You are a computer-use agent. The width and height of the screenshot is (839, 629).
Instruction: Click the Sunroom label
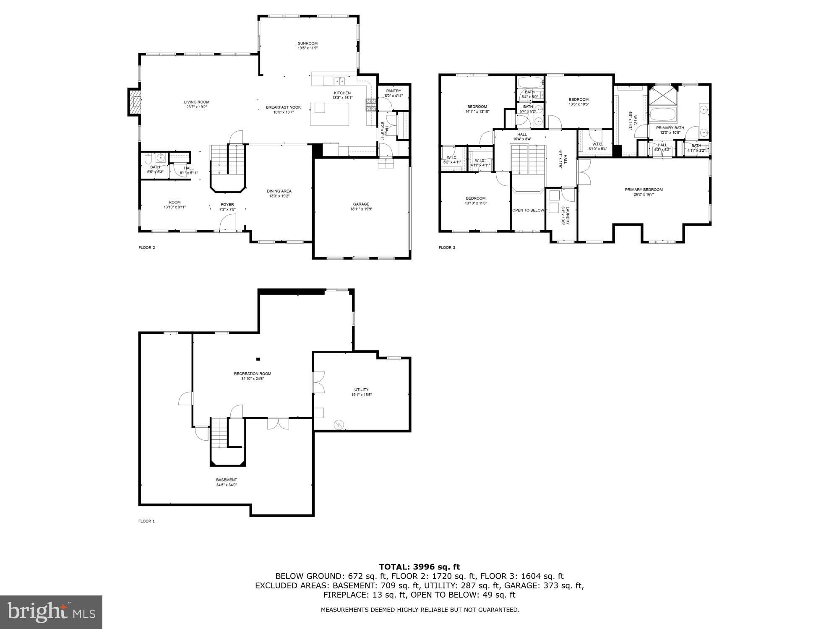coord(307,43)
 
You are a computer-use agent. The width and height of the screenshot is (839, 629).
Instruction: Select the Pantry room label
coord(393,91)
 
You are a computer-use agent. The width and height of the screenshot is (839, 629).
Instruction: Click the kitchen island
coord(330,114)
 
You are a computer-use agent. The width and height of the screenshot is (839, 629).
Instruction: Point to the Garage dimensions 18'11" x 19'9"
coord(361,209)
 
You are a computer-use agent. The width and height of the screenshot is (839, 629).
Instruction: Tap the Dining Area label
coord(279,191)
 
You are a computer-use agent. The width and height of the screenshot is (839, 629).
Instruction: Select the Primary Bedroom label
coord(644,190)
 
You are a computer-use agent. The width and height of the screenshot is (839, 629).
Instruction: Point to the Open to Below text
coord(528,210)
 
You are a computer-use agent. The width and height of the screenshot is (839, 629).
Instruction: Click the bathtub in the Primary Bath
coord(663,114)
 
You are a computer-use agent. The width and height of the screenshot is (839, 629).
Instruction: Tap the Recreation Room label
coord(253,374)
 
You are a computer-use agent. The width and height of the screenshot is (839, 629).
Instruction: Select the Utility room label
coord(361,390)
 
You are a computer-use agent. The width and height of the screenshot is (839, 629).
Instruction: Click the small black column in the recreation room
coord(258,359)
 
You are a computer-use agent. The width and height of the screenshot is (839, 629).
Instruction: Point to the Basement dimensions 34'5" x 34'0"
coord(227,485)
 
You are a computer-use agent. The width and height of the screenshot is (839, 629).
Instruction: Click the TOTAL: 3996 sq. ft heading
coord(419,567)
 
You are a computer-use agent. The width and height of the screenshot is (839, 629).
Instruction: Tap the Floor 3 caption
coord(447,247)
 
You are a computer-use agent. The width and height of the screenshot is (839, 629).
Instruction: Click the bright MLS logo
coord(51,612)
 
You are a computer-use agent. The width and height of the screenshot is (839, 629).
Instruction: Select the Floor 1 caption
coord(146,521)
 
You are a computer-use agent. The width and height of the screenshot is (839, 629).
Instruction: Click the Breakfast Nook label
coord(283,107)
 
